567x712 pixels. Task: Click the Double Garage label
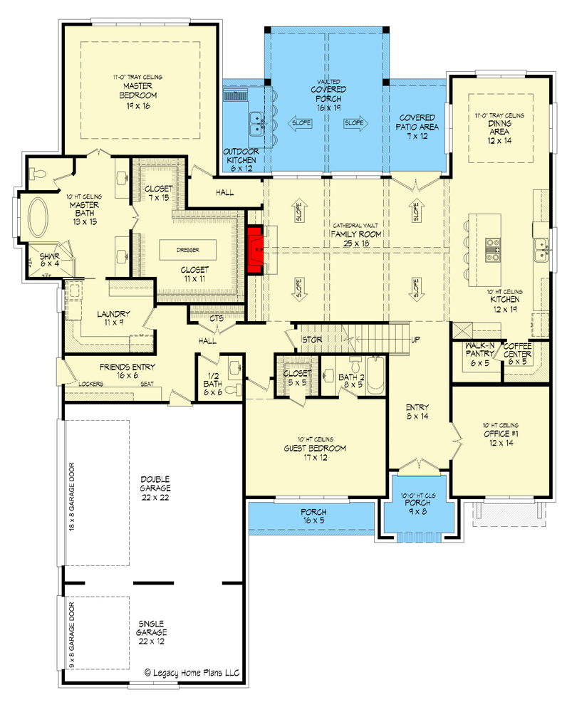coord(155,488)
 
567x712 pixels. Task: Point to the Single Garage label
coord(152,632)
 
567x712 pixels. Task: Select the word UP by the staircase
coord(415,340)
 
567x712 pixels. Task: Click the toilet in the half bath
coord(233,367)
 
